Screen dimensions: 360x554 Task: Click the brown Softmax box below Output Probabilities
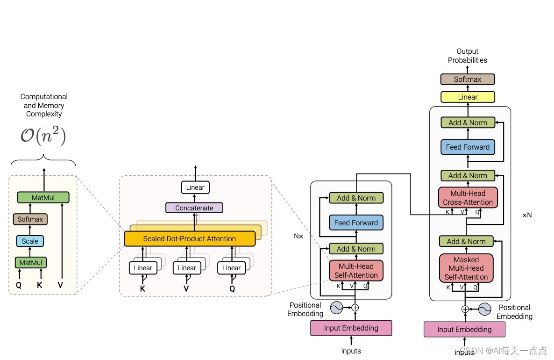(467, 79)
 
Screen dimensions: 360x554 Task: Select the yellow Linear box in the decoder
(467, 97)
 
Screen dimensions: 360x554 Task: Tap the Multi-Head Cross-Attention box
(468, 198)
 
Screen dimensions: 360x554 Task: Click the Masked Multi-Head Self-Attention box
(466, 268)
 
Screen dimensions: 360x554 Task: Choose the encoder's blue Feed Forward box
(356, 223)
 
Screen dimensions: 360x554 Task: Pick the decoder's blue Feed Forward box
(467, 147)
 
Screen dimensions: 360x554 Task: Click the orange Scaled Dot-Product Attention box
(189, 238)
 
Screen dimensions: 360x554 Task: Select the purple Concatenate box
(194, 208)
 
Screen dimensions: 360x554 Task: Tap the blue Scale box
(30, 241)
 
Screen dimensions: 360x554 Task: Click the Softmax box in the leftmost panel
(30, 219)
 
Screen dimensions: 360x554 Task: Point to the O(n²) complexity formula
(43, 136)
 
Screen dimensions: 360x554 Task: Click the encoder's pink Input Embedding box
(351, 328)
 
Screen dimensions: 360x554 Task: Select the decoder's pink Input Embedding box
(464, 329)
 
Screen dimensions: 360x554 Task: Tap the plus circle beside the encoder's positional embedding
(355, 307)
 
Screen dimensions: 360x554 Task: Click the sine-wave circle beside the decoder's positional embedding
(483, 309)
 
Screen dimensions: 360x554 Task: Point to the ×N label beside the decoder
(526, 215)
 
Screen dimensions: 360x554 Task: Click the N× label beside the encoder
(298, 236)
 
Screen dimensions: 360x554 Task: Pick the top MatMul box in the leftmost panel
(43, 197)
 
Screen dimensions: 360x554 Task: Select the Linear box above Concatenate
(195, 187)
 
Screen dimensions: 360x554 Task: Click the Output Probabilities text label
(467, 56)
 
